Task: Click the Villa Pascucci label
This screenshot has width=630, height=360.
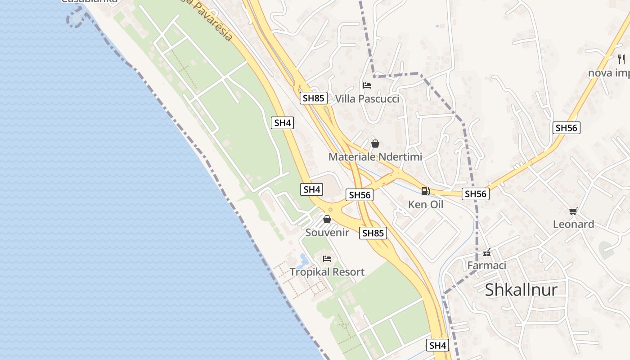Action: tap(367, 99)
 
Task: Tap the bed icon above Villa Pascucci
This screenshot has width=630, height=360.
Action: tap(367, 85)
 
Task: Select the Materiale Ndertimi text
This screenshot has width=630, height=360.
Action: tap(375, 157)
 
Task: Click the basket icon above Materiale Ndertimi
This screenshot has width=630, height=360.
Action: tap(375, 144)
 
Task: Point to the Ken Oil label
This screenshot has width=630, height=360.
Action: tap(426, 204)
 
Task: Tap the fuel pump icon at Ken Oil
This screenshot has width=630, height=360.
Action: tap(425, 191)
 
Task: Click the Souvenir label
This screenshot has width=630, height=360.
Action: tap(327, 232)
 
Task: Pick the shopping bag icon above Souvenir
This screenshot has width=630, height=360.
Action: tap(327, 219)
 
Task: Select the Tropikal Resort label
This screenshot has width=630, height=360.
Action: tap(327, 272)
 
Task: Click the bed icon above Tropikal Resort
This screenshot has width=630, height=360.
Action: tap(327, 259)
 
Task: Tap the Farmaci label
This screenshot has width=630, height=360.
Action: tap(486, 265)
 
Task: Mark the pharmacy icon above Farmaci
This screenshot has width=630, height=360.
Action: tap(486, 252)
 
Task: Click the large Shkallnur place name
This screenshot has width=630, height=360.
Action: tap(521, 289)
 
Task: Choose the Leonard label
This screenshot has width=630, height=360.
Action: tap(573, 224)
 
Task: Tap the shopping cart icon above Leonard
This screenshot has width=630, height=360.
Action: tap(573, 211)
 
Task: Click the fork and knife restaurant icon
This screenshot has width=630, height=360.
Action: tap(621, 59)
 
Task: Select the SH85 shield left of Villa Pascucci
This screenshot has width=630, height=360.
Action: tap(314, 98)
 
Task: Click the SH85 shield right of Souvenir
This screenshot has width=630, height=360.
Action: tap(373, 233)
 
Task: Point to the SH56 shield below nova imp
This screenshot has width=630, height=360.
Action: tap(566, 128)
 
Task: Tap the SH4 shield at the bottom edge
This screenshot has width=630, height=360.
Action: tap(437, 345)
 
